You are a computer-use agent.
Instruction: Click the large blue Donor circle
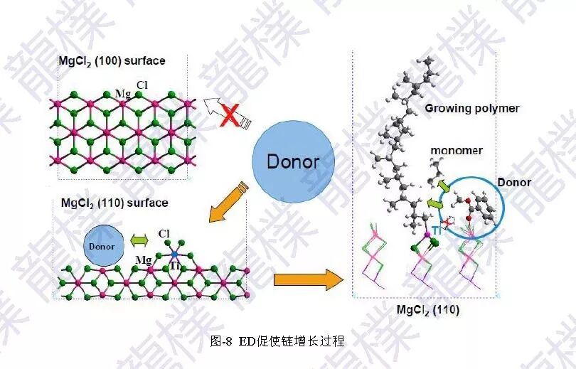[x=292, y=161]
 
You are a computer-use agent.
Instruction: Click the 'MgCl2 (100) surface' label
[x=112, y=61]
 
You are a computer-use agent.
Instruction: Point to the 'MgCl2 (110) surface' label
[x=114, y=203]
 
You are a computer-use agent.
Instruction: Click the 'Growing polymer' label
[x=472, y=109]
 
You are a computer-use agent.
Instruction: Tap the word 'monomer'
[x=457, y=151]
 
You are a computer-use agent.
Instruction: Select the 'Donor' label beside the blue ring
[x=513, y=183]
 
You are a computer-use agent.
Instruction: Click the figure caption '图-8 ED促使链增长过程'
[x=278, y=341]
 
